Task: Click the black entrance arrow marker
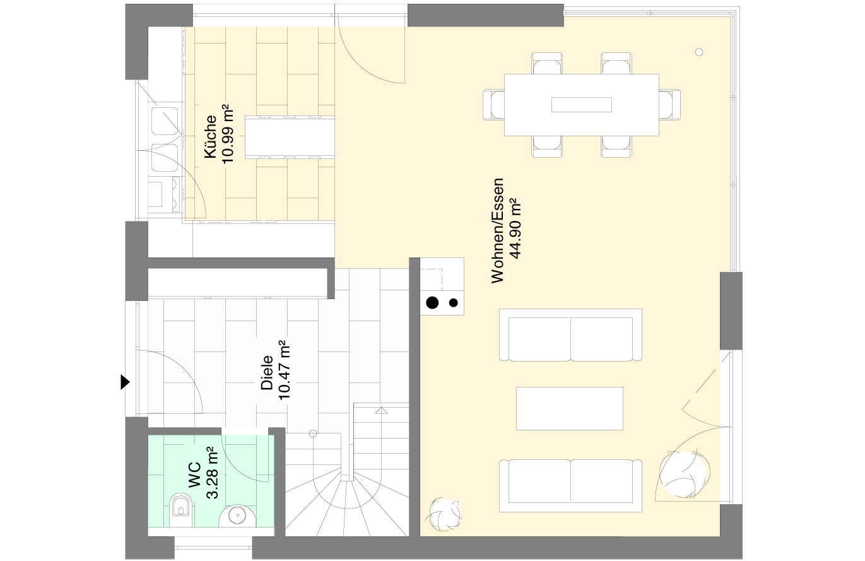[125, 382]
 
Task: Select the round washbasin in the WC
[237, 516]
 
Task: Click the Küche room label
[210, 136]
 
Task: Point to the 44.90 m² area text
[515, 228]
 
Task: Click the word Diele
[267, 373]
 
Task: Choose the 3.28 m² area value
[212, 473]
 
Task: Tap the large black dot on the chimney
[432, 302]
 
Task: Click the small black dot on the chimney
[454, 303]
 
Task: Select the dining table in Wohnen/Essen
[582, 105]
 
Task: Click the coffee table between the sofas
[570, 408]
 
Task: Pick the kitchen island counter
[290, 137]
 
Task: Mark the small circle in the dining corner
[699, 52]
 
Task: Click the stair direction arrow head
[382, 411]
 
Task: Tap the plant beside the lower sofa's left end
[444, 515]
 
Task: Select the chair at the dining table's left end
[494, 105]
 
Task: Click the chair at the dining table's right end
[669, 105]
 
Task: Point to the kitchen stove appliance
[164, 195]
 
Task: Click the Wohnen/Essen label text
[498, 231]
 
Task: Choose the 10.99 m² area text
[228, 134]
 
